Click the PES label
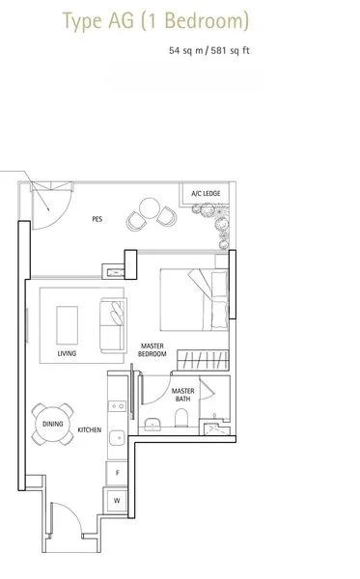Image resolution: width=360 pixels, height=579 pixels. point(97,219)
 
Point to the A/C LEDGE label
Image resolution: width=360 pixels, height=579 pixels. point(204,193)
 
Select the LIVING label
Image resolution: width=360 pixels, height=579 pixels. point(67,354)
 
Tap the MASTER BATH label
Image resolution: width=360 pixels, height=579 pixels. point(182,396)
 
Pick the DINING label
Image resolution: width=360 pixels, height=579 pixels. point(52,425)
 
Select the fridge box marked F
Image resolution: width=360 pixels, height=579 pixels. point(118,474)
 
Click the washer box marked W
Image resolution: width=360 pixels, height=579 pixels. point(118,501)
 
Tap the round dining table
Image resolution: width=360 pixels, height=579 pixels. point(52,425)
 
